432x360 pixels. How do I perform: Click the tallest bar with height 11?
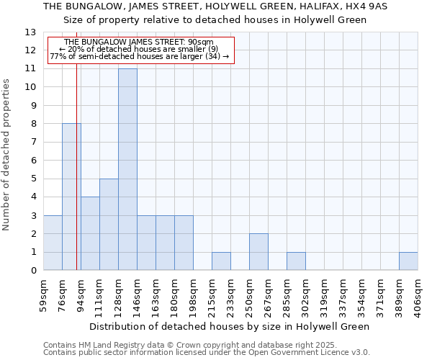click(x=127, y=170)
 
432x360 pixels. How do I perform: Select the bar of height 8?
click(x=71, y=197)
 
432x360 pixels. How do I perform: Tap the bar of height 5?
click(x=109, y=225)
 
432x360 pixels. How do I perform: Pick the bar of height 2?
click(x=258, y=252)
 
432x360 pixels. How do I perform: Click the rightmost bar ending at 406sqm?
click(x=408, y=261)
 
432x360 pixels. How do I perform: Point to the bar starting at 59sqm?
click(x=53, y=243)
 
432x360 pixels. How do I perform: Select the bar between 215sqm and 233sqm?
click(x=221, y=261)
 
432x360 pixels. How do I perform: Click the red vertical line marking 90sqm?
click(x=76, y=180)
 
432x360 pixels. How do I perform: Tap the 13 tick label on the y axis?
click(x=30, y=32)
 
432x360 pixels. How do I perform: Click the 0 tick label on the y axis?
click(x=33, y=271)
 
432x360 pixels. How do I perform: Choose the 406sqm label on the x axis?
click(x=418, y=295)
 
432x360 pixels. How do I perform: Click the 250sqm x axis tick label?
click(x=249, y=295)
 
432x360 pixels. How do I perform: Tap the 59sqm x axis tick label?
click(x=43, y=295)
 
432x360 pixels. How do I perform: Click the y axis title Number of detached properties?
click(x=7, y=155)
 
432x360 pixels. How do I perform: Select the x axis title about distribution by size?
click(x=230, y=326)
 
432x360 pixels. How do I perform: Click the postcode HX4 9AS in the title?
click(x=365, y=6)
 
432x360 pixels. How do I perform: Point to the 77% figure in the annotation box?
click(x=57, y=56)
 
